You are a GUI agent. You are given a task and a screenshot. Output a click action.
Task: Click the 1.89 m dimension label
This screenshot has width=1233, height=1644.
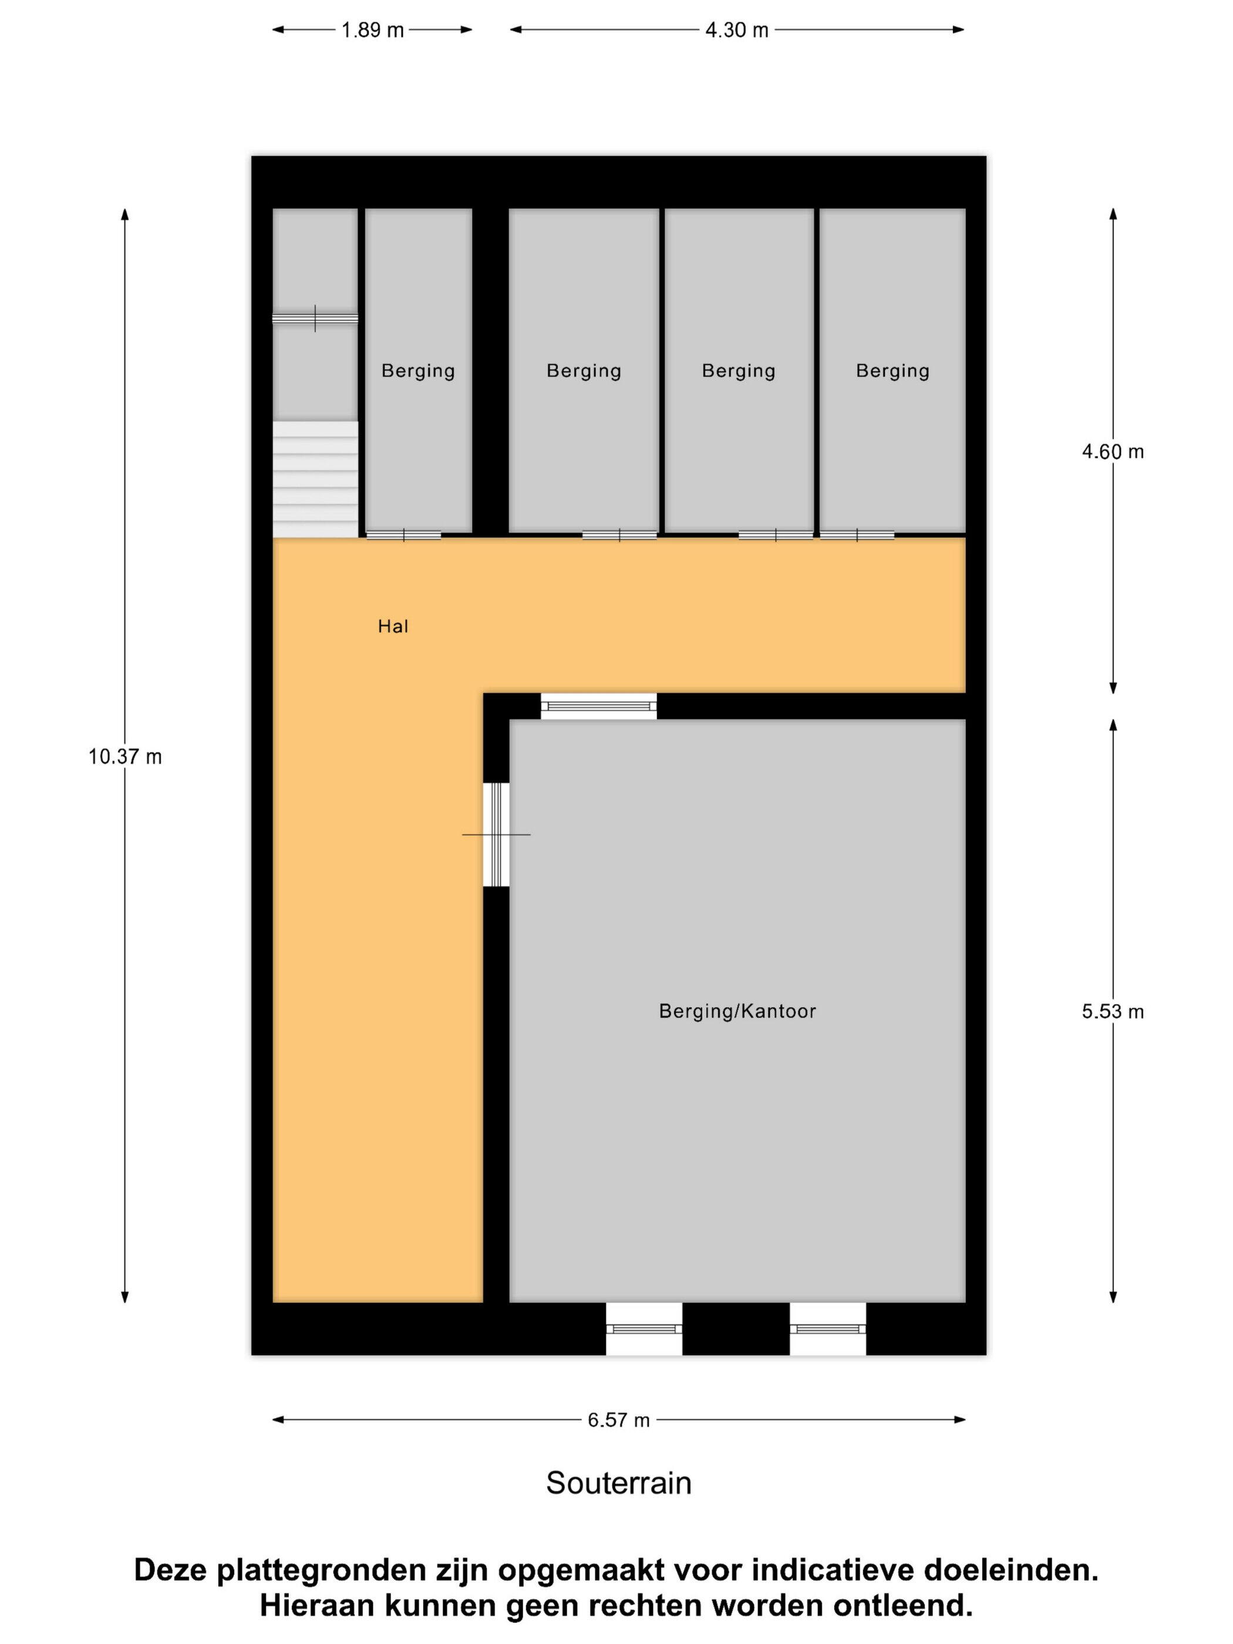click(372, 31)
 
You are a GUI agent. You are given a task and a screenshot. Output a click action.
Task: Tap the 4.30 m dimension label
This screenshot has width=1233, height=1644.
click(736, 31)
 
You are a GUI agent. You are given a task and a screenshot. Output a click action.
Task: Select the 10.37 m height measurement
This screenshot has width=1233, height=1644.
click(125, 757)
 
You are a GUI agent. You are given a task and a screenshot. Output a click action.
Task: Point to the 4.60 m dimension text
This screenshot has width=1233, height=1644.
click(1113, 452)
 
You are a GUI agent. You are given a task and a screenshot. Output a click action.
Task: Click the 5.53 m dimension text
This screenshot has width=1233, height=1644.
click(1113, 1012)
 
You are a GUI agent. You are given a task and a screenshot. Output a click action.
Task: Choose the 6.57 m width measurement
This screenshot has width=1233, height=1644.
click(618, 1420)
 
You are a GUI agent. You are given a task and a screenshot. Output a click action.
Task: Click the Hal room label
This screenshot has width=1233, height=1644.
click(393, 626)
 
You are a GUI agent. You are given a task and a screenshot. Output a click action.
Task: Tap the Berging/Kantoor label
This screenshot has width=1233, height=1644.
click(737, 1012)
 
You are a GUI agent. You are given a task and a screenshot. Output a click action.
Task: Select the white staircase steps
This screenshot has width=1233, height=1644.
click(315, 479)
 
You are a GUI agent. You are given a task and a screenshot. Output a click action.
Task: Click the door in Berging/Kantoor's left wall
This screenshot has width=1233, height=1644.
click(497, 835)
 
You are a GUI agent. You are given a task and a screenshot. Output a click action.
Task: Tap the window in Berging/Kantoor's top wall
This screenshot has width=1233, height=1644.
click(598, 706)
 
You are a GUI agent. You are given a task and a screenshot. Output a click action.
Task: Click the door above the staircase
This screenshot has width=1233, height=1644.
click(315, 318)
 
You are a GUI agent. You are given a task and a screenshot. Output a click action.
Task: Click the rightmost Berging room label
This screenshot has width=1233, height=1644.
click(892, 371)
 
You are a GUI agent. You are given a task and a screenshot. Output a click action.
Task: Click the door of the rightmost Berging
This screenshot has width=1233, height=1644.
click(857, 535)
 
